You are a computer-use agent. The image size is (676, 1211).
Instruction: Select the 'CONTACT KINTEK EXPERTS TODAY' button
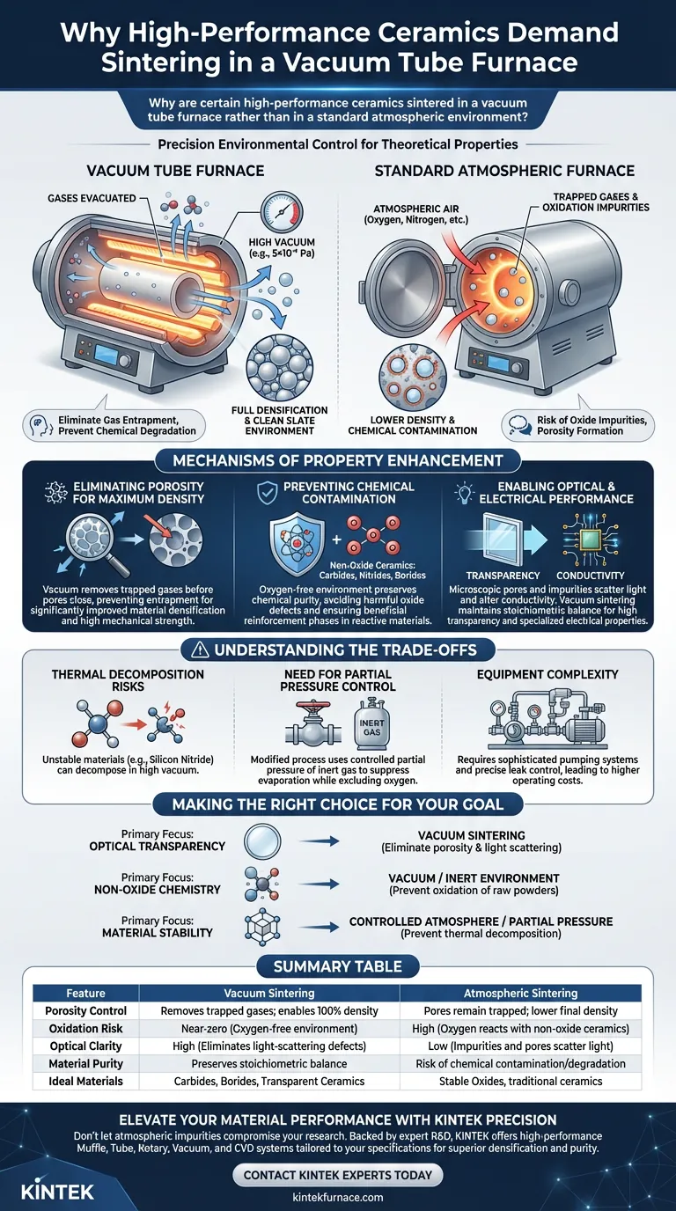(337, 1174)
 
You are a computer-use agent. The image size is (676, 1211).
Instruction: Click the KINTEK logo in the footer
(55, 1184)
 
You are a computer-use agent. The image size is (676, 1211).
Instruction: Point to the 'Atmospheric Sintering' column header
(520, 993)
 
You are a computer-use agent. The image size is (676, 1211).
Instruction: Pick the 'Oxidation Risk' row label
(85, 1028)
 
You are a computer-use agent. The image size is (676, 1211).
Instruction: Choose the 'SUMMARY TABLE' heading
(337, 966)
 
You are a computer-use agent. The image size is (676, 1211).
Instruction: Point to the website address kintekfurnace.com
(337, 1197)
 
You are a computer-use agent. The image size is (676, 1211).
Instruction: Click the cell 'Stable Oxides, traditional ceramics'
(520, 1080)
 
